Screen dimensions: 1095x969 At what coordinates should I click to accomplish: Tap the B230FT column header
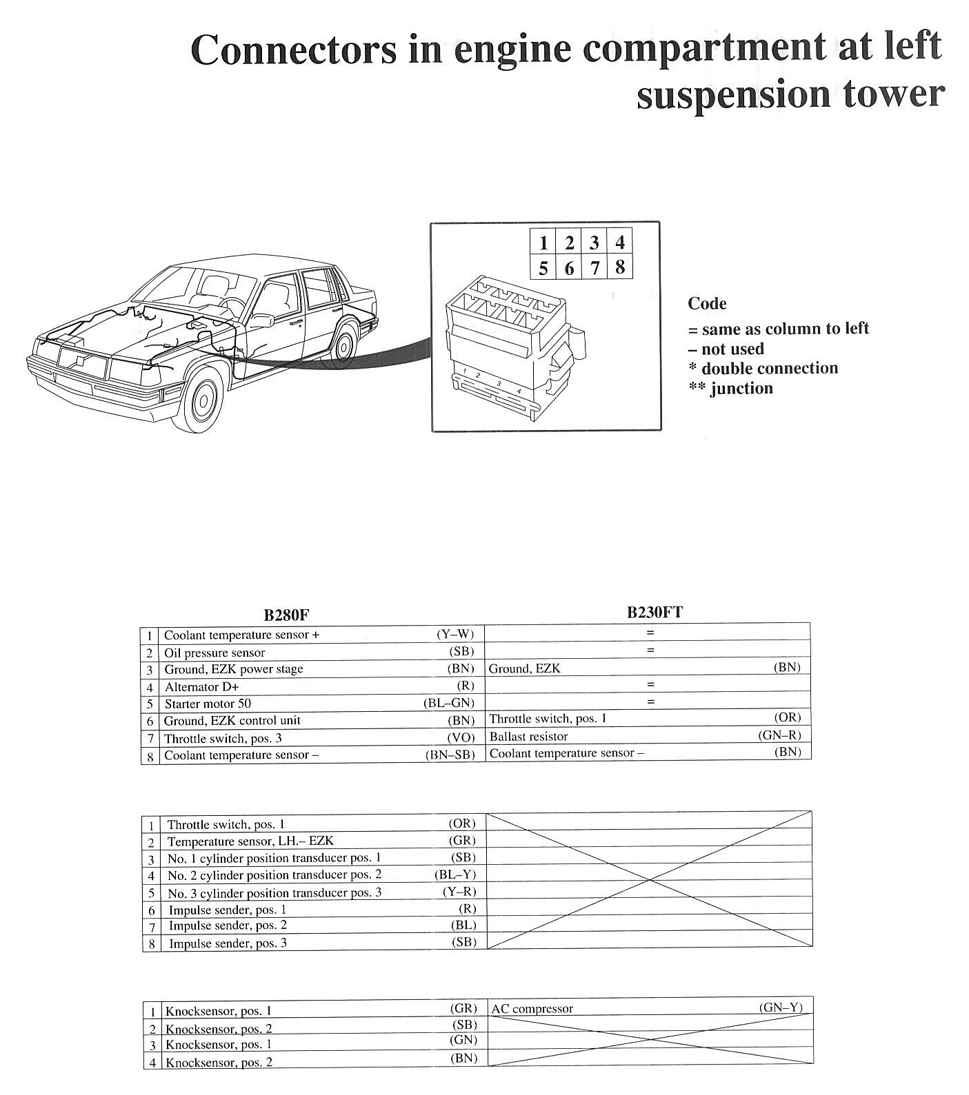click(x=655, y=612)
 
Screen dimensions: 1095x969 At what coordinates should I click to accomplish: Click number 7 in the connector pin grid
click(x=595, y=267)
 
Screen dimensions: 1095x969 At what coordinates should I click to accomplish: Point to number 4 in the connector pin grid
click(x=619, y=243)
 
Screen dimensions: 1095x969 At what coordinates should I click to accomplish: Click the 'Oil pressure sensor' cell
click(x=214, y=653)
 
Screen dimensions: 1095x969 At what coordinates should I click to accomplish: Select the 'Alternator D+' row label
click(x=202, y=687)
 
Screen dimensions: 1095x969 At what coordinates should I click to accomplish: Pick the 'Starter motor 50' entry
click(x=208, y=704)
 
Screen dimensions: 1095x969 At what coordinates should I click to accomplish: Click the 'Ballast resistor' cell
click(x=528, y=736)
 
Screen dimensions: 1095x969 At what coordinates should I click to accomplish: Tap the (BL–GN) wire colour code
click(x=448, y=703)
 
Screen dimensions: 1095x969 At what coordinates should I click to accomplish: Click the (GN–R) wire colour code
click(x=779, y=735)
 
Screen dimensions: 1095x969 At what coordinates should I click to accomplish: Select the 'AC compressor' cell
click(x=532, y=1009)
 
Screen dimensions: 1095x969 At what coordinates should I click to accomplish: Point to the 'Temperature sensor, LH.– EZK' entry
click(x=250, y=841)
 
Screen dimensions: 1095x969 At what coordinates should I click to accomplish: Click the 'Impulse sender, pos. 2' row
click(x=228, y=925)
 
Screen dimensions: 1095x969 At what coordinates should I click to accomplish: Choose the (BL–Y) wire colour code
click(x=455, y=874)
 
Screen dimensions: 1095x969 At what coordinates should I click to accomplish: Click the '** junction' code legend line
click(x=730, y=389)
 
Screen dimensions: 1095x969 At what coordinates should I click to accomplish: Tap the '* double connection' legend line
click(x=763, y=369)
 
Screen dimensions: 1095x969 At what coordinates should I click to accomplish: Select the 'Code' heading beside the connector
click(x=707, y=304)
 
